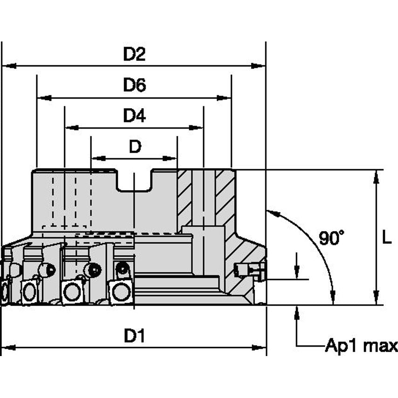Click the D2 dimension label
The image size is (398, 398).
pyautogui.click(x=134, y=55)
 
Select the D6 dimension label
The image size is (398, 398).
pyautogui.click(x=134, y=85)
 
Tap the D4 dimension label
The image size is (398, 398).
pyautogui.click(x=134, y=116)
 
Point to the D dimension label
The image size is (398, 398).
pyautogui.click(x=135, y=147)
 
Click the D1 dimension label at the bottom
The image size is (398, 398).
pyautogui.click(x=134, y=336)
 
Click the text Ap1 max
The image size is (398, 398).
pyautogui.click(x=361, y=346)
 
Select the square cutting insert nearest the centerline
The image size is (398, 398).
pyautogui.click(x=120, y=292)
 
